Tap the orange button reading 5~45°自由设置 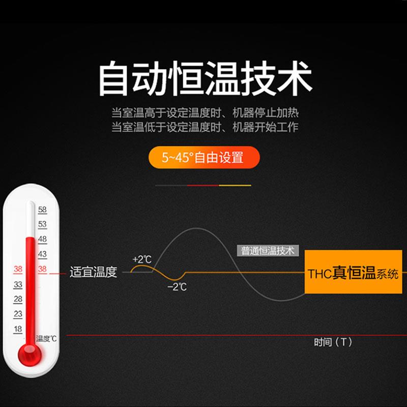[203, 158]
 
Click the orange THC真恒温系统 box [353, 273]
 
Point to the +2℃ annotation [141, 259]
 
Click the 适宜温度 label [93, 272]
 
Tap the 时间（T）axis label [333, 342]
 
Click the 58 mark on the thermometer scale [42, 209]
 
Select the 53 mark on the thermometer [42, 224]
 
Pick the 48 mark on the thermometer [42, 239]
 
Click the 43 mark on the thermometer [42, 254]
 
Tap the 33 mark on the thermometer [18, 284]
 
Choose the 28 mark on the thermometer [18, 299]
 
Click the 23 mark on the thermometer [18, 314]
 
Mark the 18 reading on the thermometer [18, 329]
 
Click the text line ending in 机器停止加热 [205, 112]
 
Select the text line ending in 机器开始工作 [205, 127]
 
